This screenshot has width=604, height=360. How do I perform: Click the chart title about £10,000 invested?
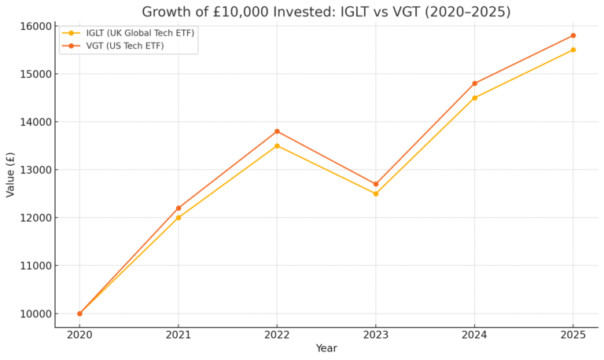[x=326, y=12]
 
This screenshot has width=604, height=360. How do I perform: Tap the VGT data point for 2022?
[x=277, y=131]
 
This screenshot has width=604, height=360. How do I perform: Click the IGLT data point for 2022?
[x=277, y=145]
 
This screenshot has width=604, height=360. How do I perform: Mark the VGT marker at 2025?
[x=573, y=35]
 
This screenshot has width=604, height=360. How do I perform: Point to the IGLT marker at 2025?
[x=573, y=50]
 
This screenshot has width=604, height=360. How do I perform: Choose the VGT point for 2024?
[x=474, y=83]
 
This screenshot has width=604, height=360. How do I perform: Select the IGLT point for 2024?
[x=474, y=97]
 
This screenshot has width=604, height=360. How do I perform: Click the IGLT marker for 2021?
[x=179, y=218]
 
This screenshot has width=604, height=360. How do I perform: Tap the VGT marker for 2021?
[x=179, y=208]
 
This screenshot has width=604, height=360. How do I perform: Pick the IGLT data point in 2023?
[x=376, y=193]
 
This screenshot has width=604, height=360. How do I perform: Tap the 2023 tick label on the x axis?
[x=376, y=334]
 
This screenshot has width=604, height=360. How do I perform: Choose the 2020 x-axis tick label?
[x=79, y=334]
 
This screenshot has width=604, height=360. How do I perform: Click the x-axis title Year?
[x=326, y=348]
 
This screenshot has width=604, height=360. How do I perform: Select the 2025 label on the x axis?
[x=573, y=334]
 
